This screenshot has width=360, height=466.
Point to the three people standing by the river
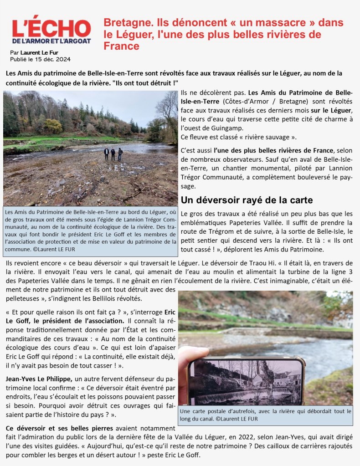coord(113,154)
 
